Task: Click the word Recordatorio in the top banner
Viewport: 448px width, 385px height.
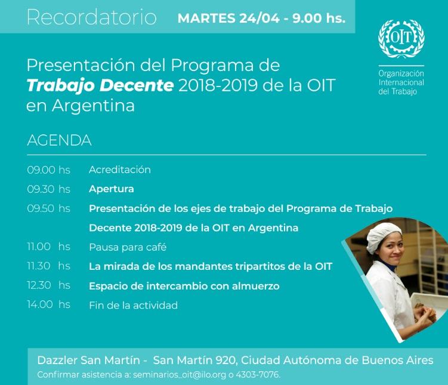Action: [92, 17]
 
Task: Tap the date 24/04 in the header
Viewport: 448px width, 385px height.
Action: [259, 19]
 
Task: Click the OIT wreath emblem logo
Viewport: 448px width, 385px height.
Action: [401, 39]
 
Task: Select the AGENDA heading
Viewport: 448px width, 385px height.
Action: [59, 140]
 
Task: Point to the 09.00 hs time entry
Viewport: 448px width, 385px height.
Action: [48, 170]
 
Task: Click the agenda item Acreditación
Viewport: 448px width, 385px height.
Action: [120, 170]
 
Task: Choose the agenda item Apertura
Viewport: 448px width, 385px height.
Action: [112, 189]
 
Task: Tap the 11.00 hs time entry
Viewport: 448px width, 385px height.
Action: [48, 247]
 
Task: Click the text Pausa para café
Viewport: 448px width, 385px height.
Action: [128, 247]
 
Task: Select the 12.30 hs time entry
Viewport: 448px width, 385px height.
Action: [48, 285]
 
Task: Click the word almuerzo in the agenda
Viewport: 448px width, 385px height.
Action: [255, 286]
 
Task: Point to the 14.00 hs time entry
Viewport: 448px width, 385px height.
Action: [48, 304]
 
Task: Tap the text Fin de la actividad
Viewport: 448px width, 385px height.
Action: [134, 306]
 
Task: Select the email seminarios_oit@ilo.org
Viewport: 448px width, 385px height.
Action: [180, 375]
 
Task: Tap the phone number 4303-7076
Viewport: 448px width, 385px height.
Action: [258, 375]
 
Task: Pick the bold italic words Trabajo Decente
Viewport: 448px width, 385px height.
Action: [100, 85]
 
